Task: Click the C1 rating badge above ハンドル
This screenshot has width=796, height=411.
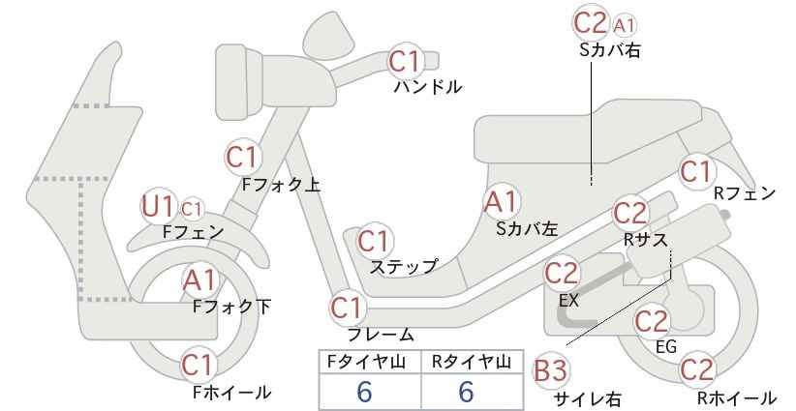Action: click(406, 61)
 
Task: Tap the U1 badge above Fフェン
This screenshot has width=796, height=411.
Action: click(158, 206)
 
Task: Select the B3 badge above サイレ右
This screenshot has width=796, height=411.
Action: click(550, 371)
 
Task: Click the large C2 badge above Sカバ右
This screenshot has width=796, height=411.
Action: click(591, 22)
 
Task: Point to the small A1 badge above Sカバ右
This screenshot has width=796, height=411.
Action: click(624, 25)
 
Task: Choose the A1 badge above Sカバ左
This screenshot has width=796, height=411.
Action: click(501, 201)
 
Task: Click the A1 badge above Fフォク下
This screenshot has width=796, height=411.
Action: click(200, 280)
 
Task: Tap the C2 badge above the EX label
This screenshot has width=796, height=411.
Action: click(562, 273)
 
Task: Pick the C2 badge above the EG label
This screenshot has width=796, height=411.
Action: click(652, 321)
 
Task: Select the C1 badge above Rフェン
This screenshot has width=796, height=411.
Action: click(697, 171)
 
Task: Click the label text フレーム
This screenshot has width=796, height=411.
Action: click(381, 335)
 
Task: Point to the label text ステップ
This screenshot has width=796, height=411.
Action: click(404, 267)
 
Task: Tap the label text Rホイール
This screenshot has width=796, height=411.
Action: click(737, 398)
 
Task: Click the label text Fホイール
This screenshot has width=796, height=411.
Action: click(232, 393)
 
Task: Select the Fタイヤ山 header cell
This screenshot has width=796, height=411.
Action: click(370, 363)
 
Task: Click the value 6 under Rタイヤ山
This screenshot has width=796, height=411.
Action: click(466, 392)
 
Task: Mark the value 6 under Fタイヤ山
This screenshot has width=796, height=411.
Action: click(364, 392)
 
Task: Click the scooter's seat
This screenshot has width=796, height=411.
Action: click(589, 132)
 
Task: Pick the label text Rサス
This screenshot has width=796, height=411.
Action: click(645, 240)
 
